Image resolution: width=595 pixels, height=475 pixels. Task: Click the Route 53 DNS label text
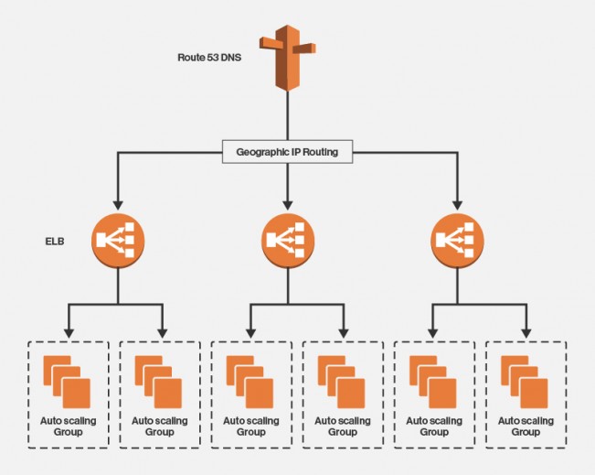coord(209,58)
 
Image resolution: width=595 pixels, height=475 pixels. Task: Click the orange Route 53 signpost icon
coord(288,56)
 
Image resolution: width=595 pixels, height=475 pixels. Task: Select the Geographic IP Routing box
coord(288,152)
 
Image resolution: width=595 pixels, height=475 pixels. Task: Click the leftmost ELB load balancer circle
coord(116,240)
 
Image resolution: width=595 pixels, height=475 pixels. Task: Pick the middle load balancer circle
coord(288,240)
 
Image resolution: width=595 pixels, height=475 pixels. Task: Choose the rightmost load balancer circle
coord(456,240)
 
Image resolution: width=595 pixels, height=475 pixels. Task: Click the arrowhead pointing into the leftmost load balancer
coord(116,203)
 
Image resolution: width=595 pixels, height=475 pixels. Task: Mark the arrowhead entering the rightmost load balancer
coord(456,203)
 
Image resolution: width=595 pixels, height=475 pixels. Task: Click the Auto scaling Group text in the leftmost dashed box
coord(69,426)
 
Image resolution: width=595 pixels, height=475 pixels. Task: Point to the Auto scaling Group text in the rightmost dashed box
coord(526,426)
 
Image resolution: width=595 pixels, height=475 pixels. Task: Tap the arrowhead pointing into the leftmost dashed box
coord(69,332)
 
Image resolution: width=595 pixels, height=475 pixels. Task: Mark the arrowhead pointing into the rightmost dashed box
coord(526,332)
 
